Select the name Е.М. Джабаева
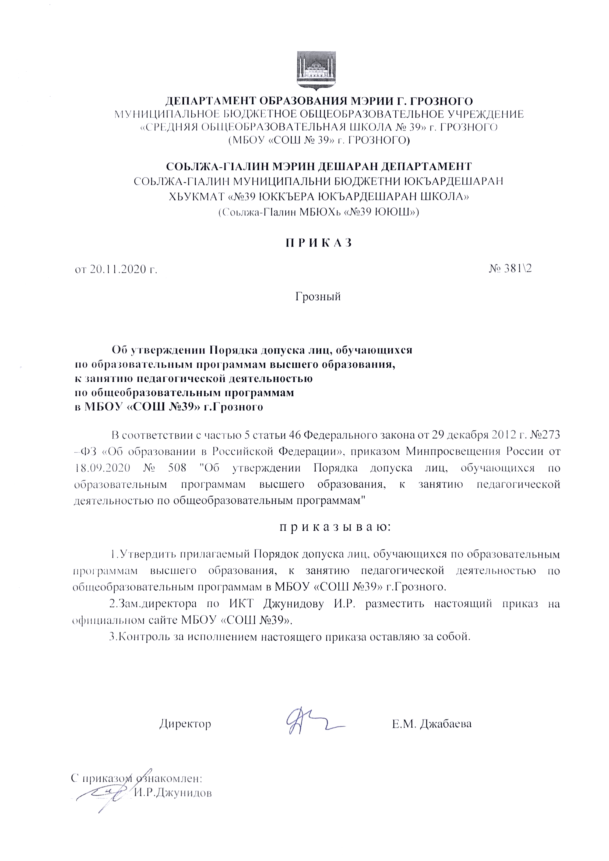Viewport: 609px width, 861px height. pos(432,724)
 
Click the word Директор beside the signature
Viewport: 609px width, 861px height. pos(185,724)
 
